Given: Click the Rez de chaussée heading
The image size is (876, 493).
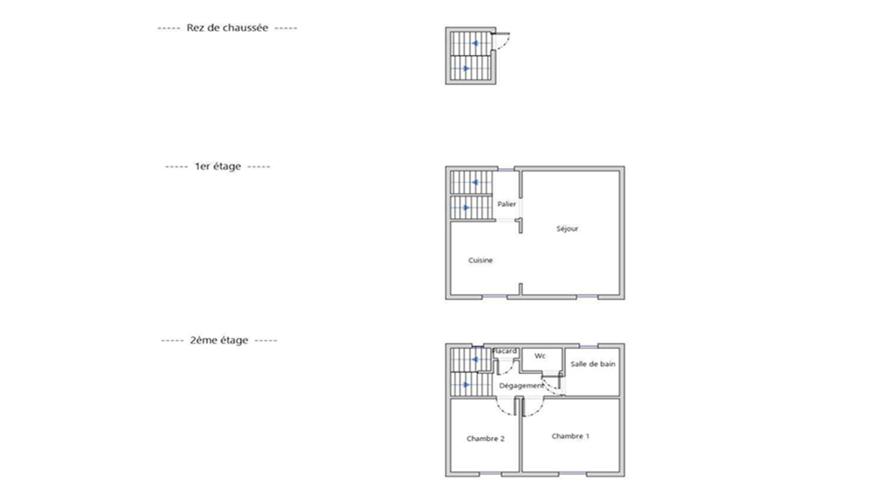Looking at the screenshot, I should [x=227, y=28].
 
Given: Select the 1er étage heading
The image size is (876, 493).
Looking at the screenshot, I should [x=218, y=166].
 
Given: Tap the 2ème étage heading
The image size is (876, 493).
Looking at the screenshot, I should [x=219, y=340].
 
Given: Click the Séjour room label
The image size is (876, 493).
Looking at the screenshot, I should [x=567, y=229].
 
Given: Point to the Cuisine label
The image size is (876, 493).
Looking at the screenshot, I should [x=480, y=260].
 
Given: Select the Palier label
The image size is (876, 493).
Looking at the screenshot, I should [x=507, y=204].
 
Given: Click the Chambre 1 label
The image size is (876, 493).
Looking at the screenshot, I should [x=570, y=436].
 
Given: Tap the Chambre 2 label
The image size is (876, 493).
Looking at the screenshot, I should [x=485, y=438].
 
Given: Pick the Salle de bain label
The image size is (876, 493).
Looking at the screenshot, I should [x=593, y=364].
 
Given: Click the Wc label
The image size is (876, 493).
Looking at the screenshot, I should [x=540, y=356].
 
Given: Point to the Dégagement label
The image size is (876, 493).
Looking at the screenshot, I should [x=521, y=385].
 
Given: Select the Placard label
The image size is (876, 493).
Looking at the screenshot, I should [x=505, y=351].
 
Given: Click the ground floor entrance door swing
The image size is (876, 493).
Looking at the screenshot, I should [x=502, y=44].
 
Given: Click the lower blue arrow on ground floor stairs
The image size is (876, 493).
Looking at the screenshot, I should [x=466, y=68].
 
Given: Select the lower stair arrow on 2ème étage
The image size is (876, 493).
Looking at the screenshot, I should [x=466, y=384].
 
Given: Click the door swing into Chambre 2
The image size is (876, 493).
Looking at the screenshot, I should [x=506, y=407].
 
